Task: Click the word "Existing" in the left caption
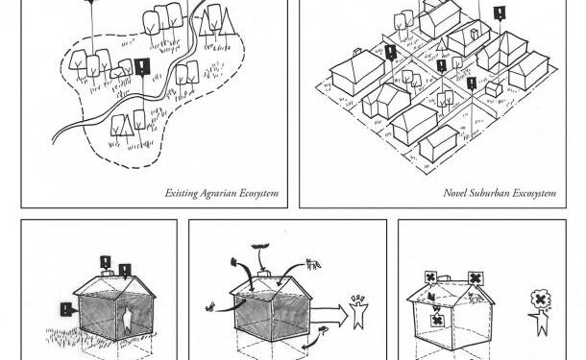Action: (182, 193)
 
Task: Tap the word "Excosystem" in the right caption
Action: (536, 193)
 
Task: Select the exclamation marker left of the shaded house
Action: (65, 309)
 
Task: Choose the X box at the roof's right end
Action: (476, 277)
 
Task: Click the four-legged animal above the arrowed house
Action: (312, 262)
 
